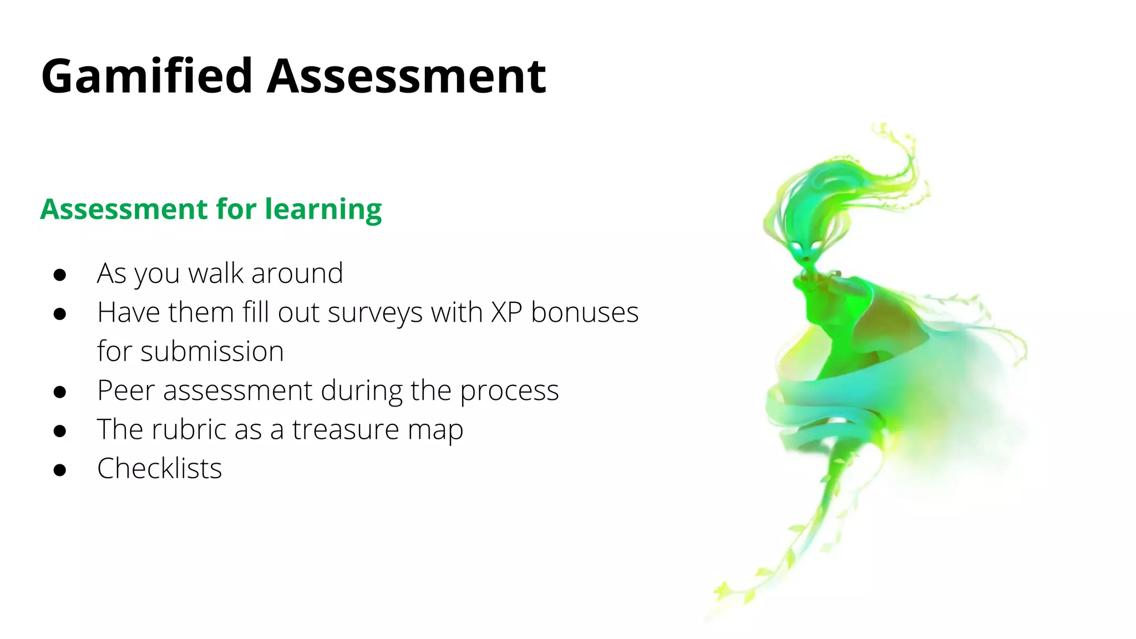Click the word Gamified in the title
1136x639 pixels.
coord(147,77)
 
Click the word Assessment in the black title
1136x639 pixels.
coord(406,77)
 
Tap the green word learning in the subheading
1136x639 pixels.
coord(323,210)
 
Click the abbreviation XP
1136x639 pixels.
coord(506,312)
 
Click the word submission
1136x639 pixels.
coord(212,352)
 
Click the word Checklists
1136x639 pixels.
coord(160,468)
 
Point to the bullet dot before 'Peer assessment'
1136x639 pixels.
coord(60,392)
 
